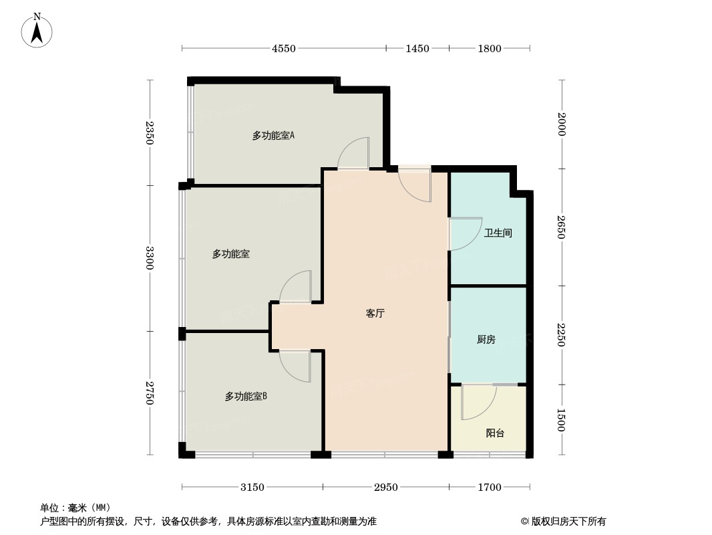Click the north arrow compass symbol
(37, 31)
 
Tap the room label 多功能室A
(273, 136)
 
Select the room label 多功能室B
(246, 397)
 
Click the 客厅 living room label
(375, 313)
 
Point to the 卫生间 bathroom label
(498, 233)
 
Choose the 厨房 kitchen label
(486, 340)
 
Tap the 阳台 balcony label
(495, 433)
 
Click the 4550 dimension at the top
(283, 48)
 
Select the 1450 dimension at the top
(417, 48)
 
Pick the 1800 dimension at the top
(490, 48)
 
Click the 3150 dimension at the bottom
(252, 488)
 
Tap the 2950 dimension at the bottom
(385, 488)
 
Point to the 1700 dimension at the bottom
(490, 488)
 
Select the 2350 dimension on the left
(150, 132)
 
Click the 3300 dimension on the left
(150, 258)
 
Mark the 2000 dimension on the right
(562, 124)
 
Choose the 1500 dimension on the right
(562, 420)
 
